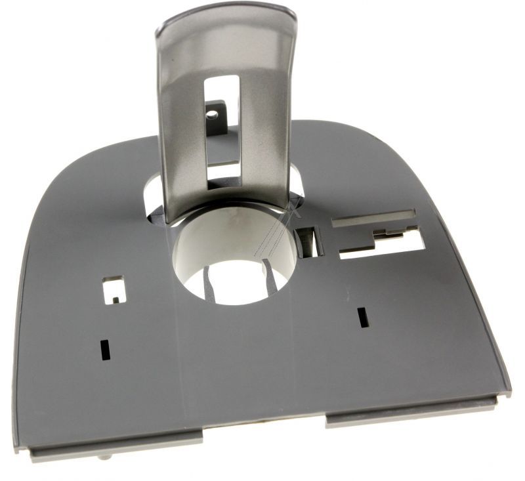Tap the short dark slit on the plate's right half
click(x=360, y=317)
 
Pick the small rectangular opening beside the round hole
click(x=308, y=241)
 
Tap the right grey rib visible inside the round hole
click(x=270, y=275)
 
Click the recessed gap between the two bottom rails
click(x=262, y=423)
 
